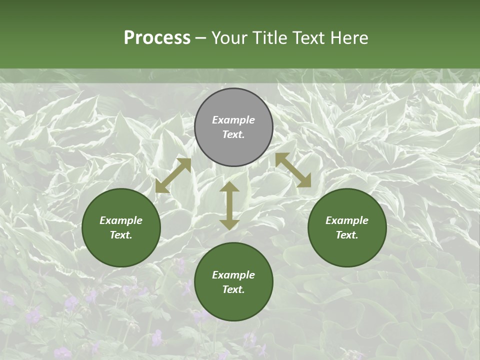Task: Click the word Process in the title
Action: pos(157,38)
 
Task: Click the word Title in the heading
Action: pos(269,38)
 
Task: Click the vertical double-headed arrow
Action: pos(229,205)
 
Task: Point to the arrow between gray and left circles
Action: pos(173,175)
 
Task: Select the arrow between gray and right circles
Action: pos(293,170)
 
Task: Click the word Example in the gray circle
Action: pos(233,120)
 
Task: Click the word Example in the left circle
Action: pos(121,220)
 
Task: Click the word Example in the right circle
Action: pos(347,220)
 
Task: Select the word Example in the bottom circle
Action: pos(233,275)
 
